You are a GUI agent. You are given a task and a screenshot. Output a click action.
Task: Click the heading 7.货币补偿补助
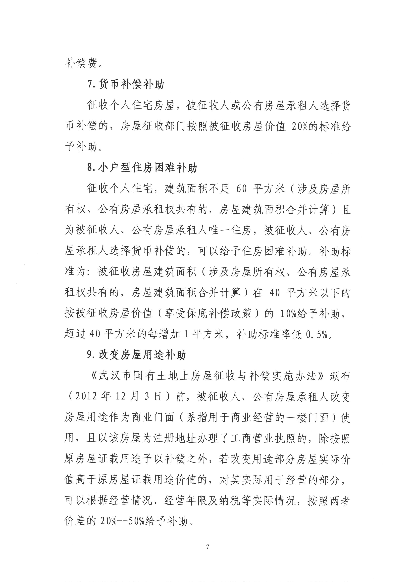tap(126, 85)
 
